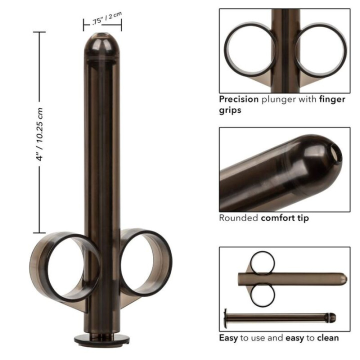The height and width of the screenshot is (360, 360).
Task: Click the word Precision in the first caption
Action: pos(238,99)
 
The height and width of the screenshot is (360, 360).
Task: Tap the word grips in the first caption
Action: pos(230,110)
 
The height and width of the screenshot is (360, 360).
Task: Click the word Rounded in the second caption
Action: pos(238,218)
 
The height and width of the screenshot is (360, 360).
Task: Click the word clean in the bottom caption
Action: pos(327,337)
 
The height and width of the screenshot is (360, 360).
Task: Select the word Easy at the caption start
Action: pos(229,337)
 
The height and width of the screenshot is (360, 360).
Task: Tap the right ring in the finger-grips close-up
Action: pos(321,48)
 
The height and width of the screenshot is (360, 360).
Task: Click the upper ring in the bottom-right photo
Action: pos(263,262)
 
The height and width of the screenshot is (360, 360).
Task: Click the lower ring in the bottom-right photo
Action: pos(262,294)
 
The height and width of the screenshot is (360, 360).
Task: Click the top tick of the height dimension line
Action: pos(39,32)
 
